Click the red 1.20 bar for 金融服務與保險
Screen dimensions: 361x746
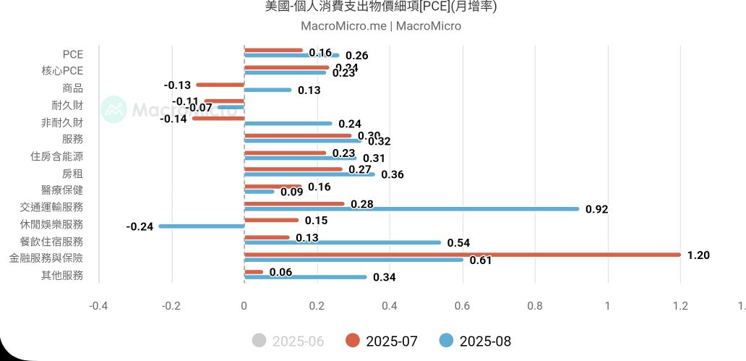(x=463, y=255)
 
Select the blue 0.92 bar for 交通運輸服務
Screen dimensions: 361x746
(x=412, y=209)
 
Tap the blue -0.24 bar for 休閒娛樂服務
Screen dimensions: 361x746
(x=202, y=226)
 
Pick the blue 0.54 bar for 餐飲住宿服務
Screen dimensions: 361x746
(x=343, y=242)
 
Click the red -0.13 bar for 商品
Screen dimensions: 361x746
(x=220, y=85)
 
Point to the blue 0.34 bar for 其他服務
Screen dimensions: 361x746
(x=306, y=277)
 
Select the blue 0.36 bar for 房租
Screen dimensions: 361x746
(x=309, y=174)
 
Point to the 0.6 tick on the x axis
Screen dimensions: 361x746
(x=462, y=305)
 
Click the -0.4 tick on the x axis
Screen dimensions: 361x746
(x=98, y=305)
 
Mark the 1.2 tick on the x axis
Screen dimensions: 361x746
(x=680, y=305)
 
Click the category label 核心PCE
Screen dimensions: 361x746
(x=63, y=71)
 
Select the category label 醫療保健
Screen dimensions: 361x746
(x=62, y=190)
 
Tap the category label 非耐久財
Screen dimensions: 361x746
(x=62, y=122)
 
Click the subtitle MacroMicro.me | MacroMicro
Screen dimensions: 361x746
(x=380, y=26)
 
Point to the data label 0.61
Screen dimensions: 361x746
(x=481, y=260)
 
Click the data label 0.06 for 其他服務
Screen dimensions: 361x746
(x=280, y=272)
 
